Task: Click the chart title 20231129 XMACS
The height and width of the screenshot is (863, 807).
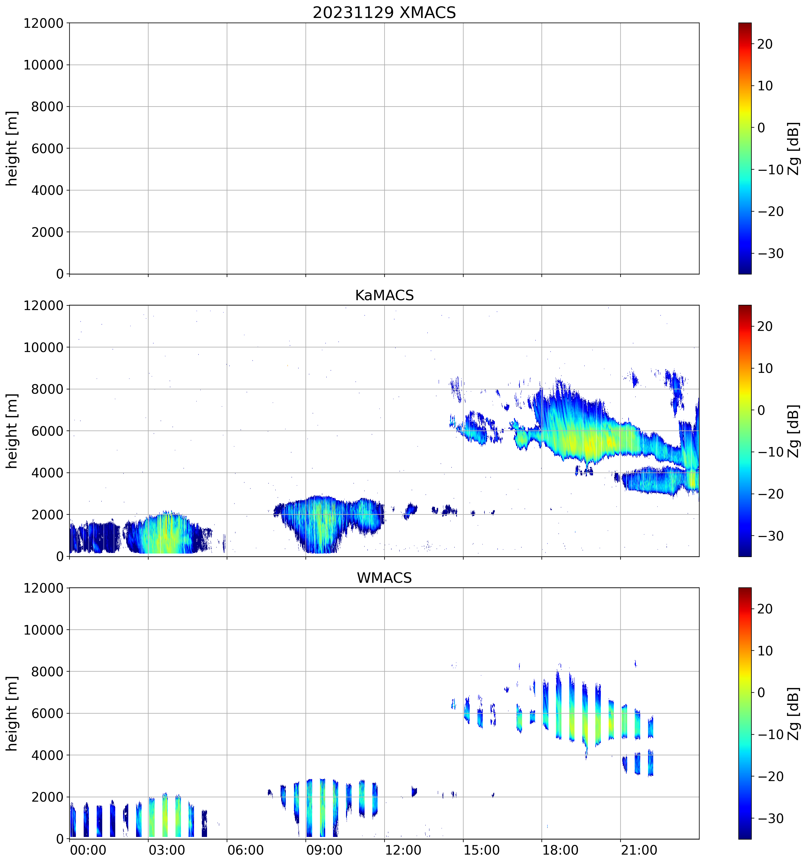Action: coord(384,12)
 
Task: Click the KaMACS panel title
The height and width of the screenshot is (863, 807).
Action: coord(384,295)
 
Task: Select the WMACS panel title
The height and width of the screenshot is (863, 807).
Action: coord(384,578)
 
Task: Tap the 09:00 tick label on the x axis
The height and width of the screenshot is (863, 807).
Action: coord(324,850)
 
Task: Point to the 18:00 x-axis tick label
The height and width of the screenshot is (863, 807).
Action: coord(560,850)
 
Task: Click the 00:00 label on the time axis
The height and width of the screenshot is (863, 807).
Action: coord(88,850)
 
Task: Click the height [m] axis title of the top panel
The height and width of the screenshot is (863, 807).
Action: coord(12,149)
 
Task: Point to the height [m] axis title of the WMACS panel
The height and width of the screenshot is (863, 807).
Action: coord(12,713)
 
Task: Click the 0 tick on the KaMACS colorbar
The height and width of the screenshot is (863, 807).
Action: coord(762,410)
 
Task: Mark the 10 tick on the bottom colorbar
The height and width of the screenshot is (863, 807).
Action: coord(765,651)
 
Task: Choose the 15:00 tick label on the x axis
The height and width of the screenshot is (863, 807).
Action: coord(482,850)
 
